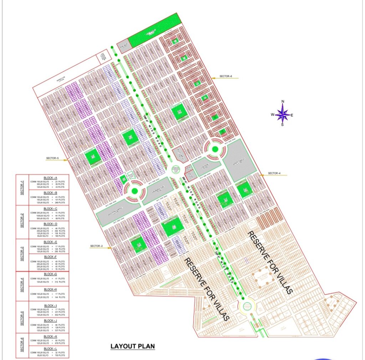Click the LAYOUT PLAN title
tap(133, 346)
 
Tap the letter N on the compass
tap(283, 102)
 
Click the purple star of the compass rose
tap(283, 114)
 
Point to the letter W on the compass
tap(272, 115)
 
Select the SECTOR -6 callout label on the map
tap(226, 77)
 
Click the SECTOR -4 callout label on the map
tap(275, 173)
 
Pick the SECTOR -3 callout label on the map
tap(96, 246)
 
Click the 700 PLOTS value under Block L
tap(60, 356)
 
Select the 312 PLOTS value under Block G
tap(60, 282)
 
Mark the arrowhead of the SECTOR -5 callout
tap(67, 160)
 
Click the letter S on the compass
tap(283, 125)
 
